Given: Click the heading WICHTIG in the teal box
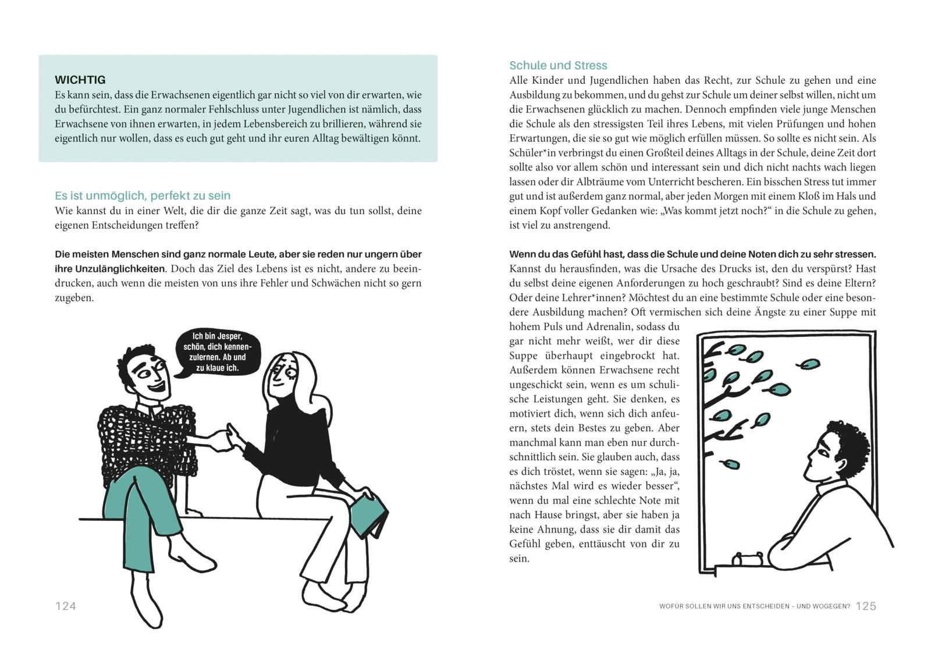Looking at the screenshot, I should [80, 80].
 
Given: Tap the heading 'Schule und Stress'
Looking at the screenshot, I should [557, 65].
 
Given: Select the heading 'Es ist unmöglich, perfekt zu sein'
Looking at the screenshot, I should [142, 196].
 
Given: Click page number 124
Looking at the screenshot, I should [65, 606].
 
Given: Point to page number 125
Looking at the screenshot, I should [865, 606].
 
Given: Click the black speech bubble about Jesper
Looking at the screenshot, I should [218, 352].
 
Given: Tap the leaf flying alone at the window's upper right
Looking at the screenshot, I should [808, 365].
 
